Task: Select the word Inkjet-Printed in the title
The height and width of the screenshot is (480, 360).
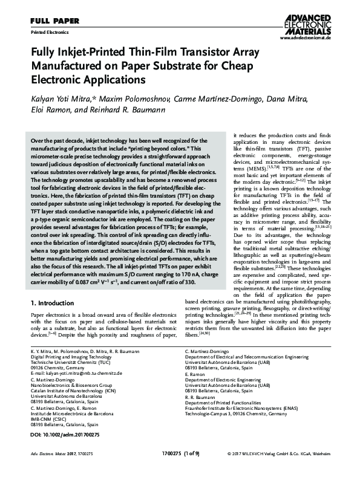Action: click(x=92, y=53)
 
